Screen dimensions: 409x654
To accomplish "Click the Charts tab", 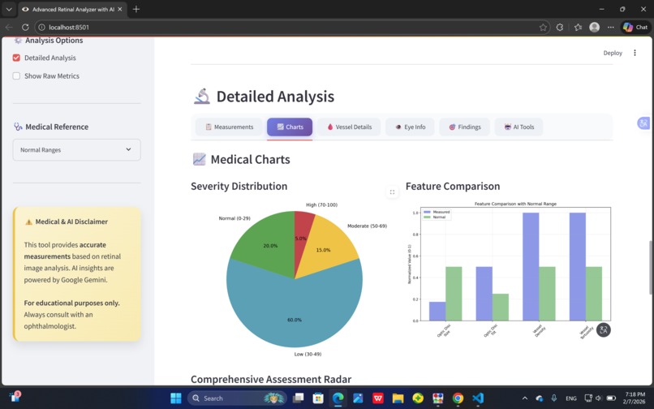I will pyautogui.click(x=290, y=127).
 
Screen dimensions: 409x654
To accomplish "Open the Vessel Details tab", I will pyautogui.click(x=349, y=127).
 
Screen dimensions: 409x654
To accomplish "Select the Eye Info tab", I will pyautogui.click(x=410, y=127).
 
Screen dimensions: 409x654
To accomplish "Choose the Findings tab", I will pyautogui.click(x=464, y=127).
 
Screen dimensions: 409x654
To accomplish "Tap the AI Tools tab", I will pyautogui.click(x=518, y=127).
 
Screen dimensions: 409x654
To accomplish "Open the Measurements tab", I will pyautogui.click(x=229, y=127).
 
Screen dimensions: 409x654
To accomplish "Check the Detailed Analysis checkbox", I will pyautogui.click(x=16, y=58).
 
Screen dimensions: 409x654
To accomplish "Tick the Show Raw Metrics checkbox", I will pyautogui.click(x=16, y=75).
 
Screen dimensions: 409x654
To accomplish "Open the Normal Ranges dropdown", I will pyautogui.click(x=76, y=149).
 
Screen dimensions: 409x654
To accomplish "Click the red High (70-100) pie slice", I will pyautogui.click(x=303, y=227).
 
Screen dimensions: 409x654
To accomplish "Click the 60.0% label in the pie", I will pyautogui.click(x=294, y=320).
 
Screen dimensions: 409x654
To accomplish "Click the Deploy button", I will pyautogui.click(x=613, y=53).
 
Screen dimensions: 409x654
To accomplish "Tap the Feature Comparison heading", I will pyautogui.click(x=453, y=186).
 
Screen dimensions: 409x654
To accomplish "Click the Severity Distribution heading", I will pyautogui.click(x=239, y=186).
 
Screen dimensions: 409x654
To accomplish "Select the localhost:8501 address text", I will pyautogui.click(x=69, y=27).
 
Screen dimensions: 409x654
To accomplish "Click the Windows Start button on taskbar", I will pyautogui.click(x=175, y=398).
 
